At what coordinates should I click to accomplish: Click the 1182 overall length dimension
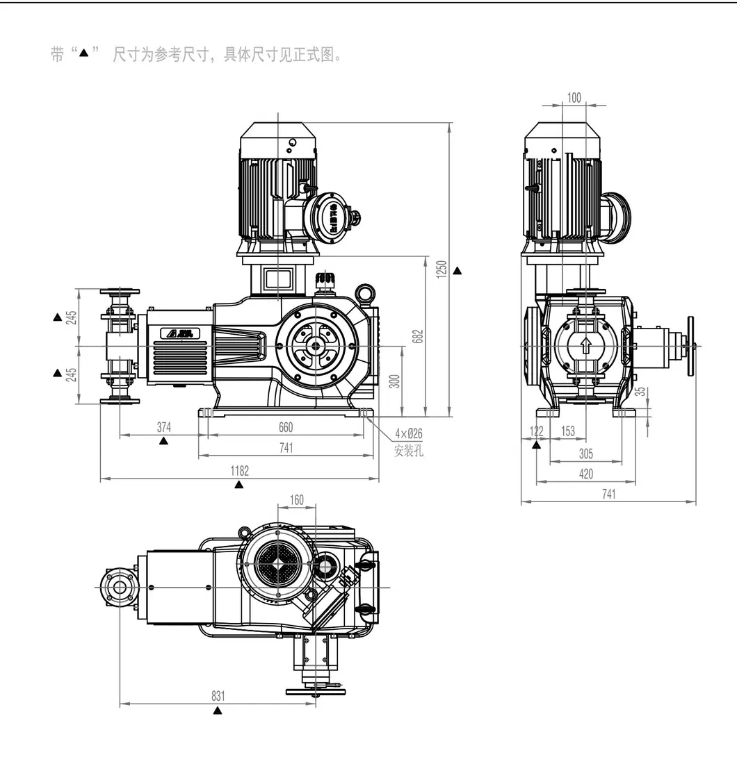[239, 471]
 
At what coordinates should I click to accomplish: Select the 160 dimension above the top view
[296, 499]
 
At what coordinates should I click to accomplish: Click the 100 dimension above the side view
[574, 98]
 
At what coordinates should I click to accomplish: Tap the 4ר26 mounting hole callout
[409, 433]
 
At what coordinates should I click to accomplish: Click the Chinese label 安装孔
[408, 451]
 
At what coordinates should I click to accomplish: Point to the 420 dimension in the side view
[586, 474]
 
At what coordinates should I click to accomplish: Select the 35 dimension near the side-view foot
[643, 391]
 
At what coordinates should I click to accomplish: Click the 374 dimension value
[163, 426]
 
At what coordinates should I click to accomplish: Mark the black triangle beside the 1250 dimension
[457, 269]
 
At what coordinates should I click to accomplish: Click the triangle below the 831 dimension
[218, 711]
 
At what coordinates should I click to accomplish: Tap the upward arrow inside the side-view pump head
[586, 344]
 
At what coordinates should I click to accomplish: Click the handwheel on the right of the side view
[691, 345]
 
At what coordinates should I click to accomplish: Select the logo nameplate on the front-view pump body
[180, 333]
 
